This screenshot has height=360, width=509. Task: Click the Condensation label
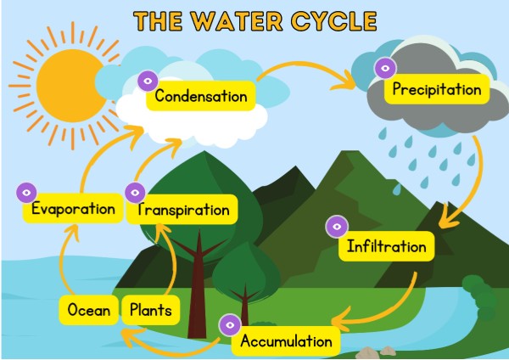coord(201,95)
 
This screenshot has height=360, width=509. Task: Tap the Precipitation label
coord(437,89)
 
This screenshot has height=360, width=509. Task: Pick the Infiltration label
coord(386,247)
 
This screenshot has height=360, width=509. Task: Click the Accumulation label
coord(286,341)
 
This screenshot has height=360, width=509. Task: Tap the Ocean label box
coord(89,310)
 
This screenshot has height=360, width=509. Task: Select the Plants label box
coord(150,310)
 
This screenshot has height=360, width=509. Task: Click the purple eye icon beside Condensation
coord(147,81)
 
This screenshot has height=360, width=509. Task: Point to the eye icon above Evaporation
coord(27,191)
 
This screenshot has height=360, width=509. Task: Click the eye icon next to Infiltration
coord(337,227)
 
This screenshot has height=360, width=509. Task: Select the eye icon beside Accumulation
coord(230,323)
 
